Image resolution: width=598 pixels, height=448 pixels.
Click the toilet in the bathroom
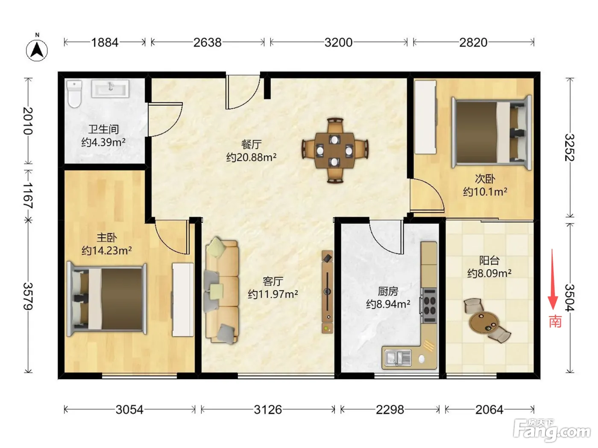74,93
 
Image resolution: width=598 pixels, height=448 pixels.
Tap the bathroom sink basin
110,88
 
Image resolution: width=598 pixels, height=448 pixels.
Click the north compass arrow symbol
37,50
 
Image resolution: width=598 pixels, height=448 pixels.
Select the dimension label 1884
105,42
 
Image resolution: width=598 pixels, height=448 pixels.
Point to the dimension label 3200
338,42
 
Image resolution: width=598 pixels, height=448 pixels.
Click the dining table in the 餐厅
335,150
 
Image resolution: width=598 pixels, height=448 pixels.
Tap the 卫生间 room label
103,129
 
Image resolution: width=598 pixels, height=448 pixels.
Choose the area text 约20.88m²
251,157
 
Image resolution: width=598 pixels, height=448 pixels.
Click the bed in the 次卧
492,132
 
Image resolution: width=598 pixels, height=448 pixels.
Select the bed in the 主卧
107,299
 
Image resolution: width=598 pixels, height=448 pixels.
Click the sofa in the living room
222,291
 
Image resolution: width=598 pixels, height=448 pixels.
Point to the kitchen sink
398,358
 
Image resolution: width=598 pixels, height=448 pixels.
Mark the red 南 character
555,322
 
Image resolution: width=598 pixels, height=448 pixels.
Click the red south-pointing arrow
552,279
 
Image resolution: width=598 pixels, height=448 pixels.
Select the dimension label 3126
268,410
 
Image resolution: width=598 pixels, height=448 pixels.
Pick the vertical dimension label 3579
28,296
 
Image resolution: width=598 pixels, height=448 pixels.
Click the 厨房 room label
388,291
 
